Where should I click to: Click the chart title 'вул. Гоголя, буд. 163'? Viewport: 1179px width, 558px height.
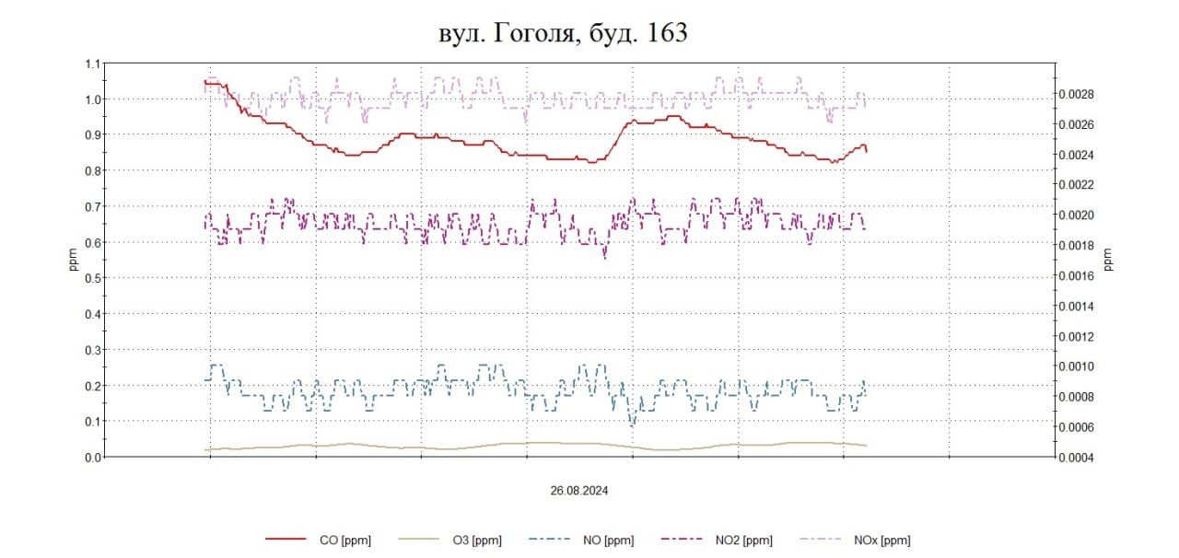coord(562,33)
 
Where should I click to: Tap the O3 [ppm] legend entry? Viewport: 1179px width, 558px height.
coord(477,541)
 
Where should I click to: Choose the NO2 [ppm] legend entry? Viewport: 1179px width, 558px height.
coord(743,541)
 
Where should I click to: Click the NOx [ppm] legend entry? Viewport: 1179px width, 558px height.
coord(881,541)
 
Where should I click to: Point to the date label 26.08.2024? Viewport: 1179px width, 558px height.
coord(579,491)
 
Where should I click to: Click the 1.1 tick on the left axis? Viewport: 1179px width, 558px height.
coord(91,64)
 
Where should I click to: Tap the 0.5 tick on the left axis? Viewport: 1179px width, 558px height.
coord(91,278)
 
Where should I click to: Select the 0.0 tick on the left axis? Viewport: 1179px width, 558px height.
coord(91,458)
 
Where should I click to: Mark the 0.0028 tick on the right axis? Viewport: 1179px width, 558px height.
coord(1077,94)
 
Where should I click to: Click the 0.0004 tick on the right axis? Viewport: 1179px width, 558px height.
coord(1077,458)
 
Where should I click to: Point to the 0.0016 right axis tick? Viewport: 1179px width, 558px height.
coord(1077,275)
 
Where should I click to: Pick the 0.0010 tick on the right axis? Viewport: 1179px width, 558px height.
coord(1077,366)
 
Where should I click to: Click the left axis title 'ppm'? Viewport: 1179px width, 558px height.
coord(73,261)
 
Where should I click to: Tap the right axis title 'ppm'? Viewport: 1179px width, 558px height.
coord(1108,261)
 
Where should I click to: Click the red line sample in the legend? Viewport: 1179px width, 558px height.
coord(285,541)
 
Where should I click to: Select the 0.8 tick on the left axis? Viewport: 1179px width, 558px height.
coord(91,170)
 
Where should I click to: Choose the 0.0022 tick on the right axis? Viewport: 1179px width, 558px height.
coord(1077,184)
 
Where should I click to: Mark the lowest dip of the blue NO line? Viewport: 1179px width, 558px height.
coord(632,424)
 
